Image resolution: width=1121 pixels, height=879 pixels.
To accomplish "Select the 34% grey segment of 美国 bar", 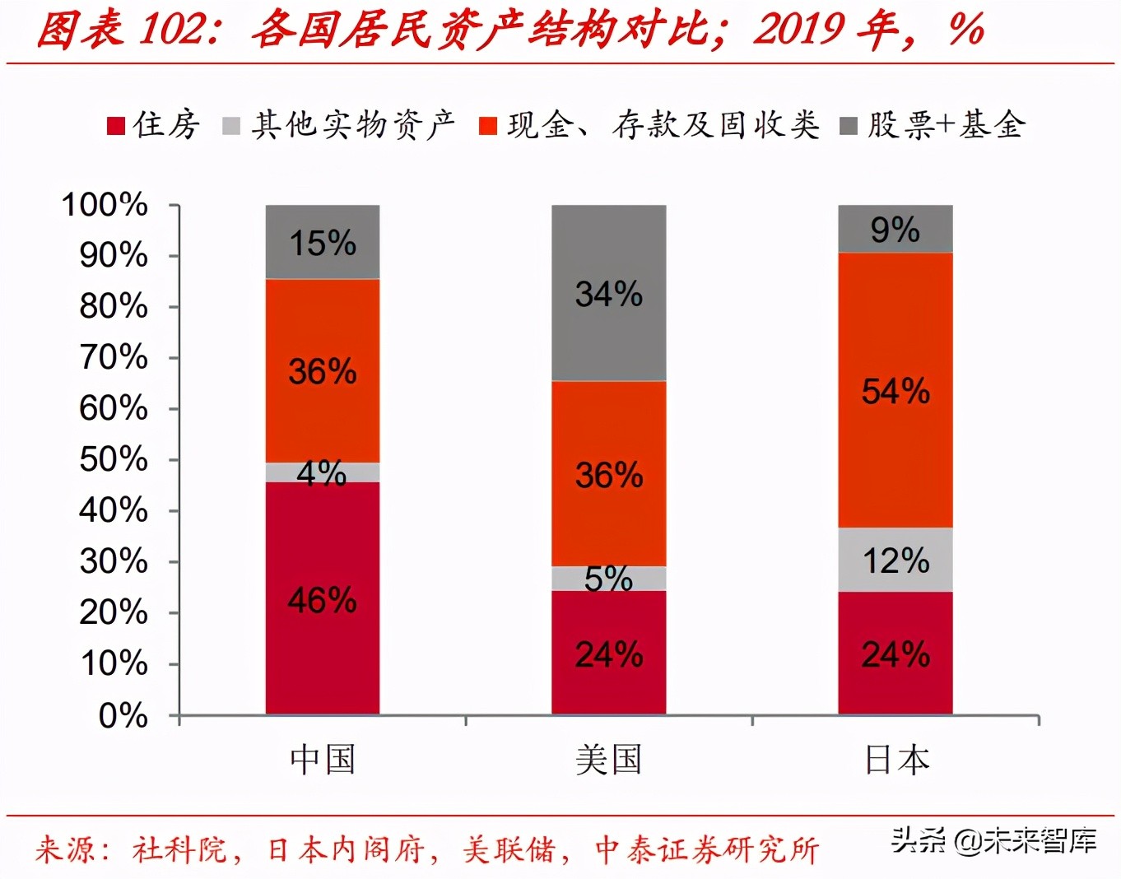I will point(608,293).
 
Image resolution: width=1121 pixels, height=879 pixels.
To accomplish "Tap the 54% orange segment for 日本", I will point(895,390).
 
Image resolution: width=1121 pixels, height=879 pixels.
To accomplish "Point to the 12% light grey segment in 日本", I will point(895,560).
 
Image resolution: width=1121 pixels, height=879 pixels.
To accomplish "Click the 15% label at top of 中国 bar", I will point(322,243).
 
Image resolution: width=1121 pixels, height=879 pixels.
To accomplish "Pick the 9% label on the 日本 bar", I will point(895,230).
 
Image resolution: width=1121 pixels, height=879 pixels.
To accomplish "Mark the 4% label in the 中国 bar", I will point(321,473).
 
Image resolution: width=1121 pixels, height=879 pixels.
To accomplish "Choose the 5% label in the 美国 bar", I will point(608,579).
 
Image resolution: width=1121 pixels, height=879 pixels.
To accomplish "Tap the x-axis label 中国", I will point(322,759).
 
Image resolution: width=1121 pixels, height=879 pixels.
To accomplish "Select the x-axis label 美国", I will point(608,759).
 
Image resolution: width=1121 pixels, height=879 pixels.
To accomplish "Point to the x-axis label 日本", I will point(896,759).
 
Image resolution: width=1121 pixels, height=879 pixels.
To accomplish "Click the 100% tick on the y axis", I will point(105,204).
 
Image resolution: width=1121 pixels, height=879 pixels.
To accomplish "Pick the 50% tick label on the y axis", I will point(113,459).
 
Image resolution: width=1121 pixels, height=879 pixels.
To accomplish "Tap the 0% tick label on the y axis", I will point(123,715).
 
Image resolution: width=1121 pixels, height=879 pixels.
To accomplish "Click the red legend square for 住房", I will point(116,126).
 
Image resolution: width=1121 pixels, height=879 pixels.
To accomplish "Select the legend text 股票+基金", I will point(946,125).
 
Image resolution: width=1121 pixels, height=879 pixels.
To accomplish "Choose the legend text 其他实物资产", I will point(353,125).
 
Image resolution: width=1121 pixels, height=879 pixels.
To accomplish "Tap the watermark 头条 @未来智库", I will point(994,840).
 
